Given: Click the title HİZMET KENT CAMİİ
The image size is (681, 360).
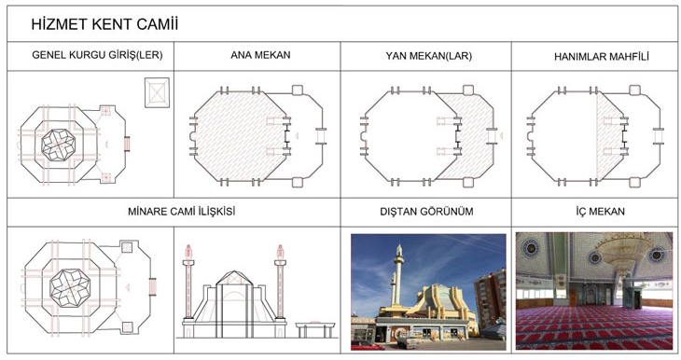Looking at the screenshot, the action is point(104,24).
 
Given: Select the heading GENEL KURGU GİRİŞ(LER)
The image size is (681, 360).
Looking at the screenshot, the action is point(97,55).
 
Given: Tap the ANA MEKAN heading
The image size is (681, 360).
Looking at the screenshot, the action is point(260,55).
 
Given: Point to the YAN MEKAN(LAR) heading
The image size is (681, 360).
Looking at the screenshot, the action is point(429,56).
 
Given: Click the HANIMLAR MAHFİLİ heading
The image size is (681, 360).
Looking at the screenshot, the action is point(602,57).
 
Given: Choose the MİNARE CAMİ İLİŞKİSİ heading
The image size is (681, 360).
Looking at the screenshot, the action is point(182,212).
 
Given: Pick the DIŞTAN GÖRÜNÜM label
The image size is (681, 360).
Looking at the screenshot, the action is point(426,212).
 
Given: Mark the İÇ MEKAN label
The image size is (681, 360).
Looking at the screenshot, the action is point(600,212).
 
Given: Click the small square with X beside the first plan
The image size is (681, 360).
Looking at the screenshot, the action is point(157,92).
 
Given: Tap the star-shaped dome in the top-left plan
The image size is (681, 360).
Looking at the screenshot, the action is point(58,145).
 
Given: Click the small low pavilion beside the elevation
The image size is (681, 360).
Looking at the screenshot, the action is point(315,329).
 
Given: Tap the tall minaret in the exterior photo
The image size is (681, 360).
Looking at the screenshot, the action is point(398,275).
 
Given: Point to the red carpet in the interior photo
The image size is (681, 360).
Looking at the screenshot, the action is point(594,328).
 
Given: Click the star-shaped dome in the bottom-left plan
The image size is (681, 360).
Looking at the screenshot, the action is point(70,287).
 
